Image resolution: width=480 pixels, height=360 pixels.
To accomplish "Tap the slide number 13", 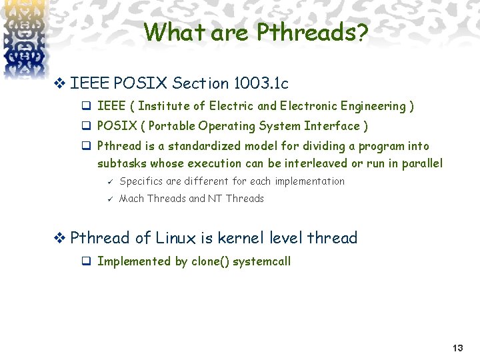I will (457, 348).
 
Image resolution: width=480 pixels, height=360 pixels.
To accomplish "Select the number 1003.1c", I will (261, 83).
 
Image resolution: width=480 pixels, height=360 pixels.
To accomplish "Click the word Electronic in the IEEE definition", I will (309, 106).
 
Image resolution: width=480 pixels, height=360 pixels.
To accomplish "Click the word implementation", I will (309, 181).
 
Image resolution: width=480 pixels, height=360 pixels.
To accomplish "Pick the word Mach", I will (131, 199).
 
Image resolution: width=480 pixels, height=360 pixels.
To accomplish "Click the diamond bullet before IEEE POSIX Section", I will (60, 83).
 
